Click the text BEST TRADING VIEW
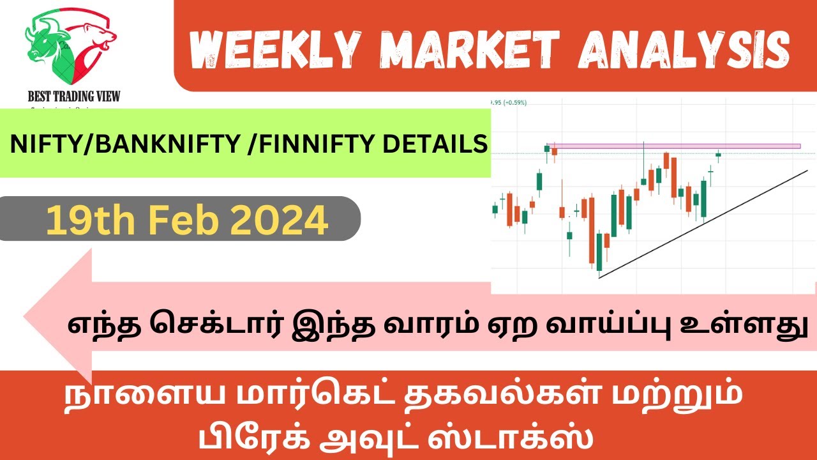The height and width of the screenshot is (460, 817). pyautogui.click(x=74, y=96)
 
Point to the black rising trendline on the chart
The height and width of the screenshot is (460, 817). pyautogui.click(x=702, y=224)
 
